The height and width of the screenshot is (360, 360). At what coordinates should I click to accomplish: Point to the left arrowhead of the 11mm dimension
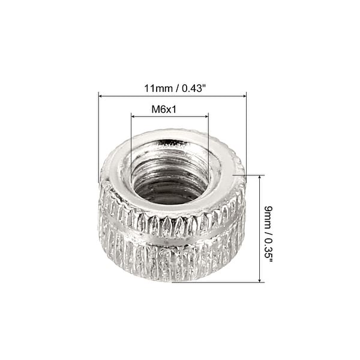pos(101,95)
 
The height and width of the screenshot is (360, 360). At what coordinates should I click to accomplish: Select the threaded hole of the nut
pos(169,177)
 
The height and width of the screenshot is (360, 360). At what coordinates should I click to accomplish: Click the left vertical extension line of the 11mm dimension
pos(98,138)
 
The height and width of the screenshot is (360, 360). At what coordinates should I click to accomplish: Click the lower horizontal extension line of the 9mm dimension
pos(228,282)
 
